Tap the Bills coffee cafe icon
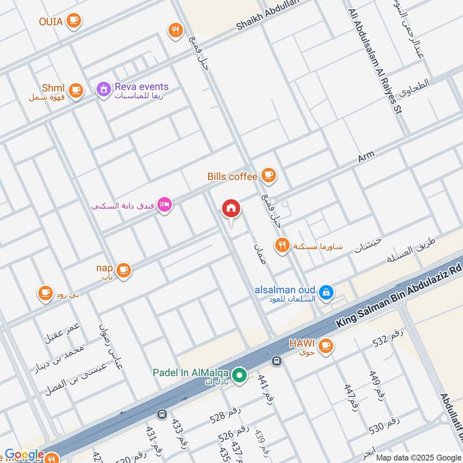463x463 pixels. pyautogui.click(x=268, y=174)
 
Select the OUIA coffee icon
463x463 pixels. pyautogui.click(x=73, y=21)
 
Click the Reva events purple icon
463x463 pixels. pyautogui.click(x=104, y=89)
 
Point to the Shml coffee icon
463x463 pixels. pyautogui.click(x=75, y=90)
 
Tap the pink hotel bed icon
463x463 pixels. pyautogui.click(x=165, y=205)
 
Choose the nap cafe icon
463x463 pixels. pyautogui.click(x=123, y=269)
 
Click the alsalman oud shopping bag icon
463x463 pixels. pyautogui.click(x=326, y=292)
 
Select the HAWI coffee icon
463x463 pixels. pyautogui.click(x=326, y=345)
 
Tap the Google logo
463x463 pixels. pyautogui.click(x=24, y=455)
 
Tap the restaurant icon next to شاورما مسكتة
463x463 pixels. pyautogui.click(x=282, y=245)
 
